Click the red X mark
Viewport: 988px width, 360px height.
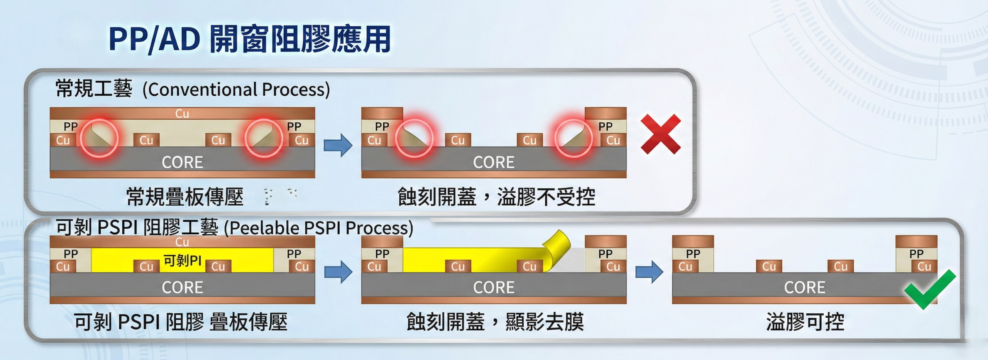[660, 134]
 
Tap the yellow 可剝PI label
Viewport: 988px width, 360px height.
[182, 261]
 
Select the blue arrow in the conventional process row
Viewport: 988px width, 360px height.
[338, 145]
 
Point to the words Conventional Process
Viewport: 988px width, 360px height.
[236, 90]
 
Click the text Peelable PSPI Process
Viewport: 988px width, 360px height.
[319, 228]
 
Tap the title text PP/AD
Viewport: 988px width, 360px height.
[154, 39]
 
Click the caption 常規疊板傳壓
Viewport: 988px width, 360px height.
[185, 197]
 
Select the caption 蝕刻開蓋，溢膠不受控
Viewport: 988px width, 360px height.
[496, 197]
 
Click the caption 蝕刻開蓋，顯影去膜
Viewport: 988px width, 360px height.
[495, 322]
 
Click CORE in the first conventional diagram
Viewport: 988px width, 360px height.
[182, 162]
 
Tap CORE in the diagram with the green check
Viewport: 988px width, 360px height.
[804, 287]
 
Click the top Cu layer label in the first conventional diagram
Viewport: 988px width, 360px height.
[182, 113]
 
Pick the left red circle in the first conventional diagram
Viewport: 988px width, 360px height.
[99, 138]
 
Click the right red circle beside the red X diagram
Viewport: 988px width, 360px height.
[574, 138]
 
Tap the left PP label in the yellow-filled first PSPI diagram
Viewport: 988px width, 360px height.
[71, 254]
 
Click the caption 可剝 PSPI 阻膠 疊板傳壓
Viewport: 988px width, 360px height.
[181, 322]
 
